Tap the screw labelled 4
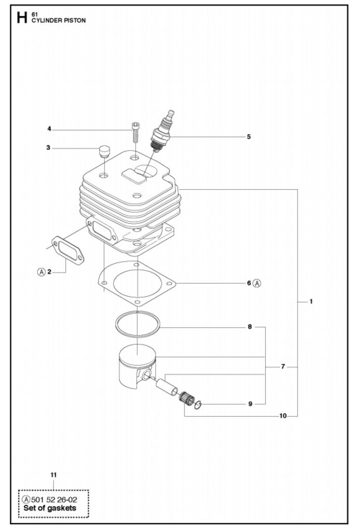coord(135,132)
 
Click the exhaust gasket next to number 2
coord(68,250)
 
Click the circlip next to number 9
coord(199,404)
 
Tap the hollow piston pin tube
coord(167,387)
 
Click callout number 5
coord(248,137)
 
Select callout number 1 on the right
coord(311,301)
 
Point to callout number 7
coord(283,367)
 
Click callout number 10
coord(283,416)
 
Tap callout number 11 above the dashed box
coord(53,475)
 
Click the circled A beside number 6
coord(257,283)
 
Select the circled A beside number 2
coord(41,272)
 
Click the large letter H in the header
coord(22,18)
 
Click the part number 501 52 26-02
coord(54,499)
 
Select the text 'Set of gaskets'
coord(49,508)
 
